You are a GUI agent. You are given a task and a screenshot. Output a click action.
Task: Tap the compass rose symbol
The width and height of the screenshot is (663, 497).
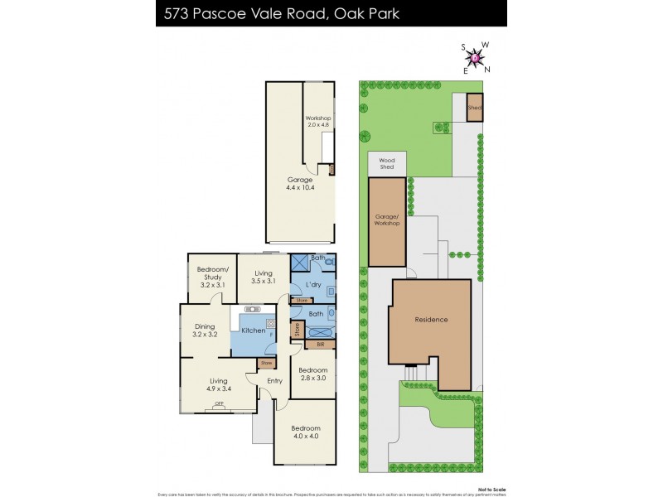[x=475, y=57]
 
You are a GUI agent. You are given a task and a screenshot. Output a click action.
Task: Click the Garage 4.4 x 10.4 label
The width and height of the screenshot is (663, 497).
[x=300, y=184]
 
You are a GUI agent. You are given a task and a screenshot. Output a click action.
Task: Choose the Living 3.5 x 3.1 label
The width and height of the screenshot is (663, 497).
[x=264, y=277]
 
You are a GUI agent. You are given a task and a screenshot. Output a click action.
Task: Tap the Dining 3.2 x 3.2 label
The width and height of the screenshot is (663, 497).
[x=205, y=330]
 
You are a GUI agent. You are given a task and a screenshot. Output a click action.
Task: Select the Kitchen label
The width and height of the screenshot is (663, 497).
[x=254, y=331]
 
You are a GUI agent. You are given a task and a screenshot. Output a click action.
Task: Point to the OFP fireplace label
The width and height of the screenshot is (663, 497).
[x=220, y=404]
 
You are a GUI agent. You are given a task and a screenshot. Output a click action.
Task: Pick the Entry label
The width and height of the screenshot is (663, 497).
[x=274, y=381]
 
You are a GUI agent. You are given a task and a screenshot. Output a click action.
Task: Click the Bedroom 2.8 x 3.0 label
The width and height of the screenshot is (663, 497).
[x=312, y=374]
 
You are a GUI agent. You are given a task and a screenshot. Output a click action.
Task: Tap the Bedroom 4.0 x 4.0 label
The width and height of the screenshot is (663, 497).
[x=304, y=432]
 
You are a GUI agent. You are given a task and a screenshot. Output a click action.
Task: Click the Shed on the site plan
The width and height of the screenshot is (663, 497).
[x=474, y=109]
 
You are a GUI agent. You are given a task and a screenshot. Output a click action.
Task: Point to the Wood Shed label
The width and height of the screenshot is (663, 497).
[x=387, y=163]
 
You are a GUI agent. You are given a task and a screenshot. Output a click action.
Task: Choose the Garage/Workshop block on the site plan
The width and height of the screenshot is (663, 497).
[x=387, y=222]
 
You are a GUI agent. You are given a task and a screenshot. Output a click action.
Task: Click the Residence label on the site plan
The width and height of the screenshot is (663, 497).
[x=431, y=320]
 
